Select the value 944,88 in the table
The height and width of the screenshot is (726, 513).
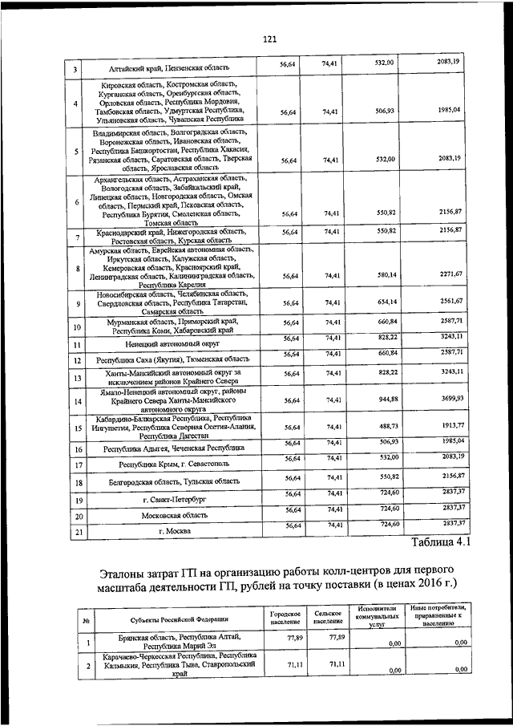coord(387,398)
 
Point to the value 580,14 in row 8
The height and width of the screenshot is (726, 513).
coord(387,275)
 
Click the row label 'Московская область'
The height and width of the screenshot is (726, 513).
coord(175,515)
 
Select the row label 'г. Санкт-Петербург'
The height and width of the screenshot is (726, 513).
coord(175,499)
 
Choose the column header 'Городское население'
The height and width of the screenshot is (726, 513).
coord(285,618)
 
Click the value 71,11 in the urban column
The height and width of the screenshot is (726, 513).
coord(285,666)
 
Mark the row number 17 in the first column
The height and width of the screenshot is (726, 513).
coord(79,465)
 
